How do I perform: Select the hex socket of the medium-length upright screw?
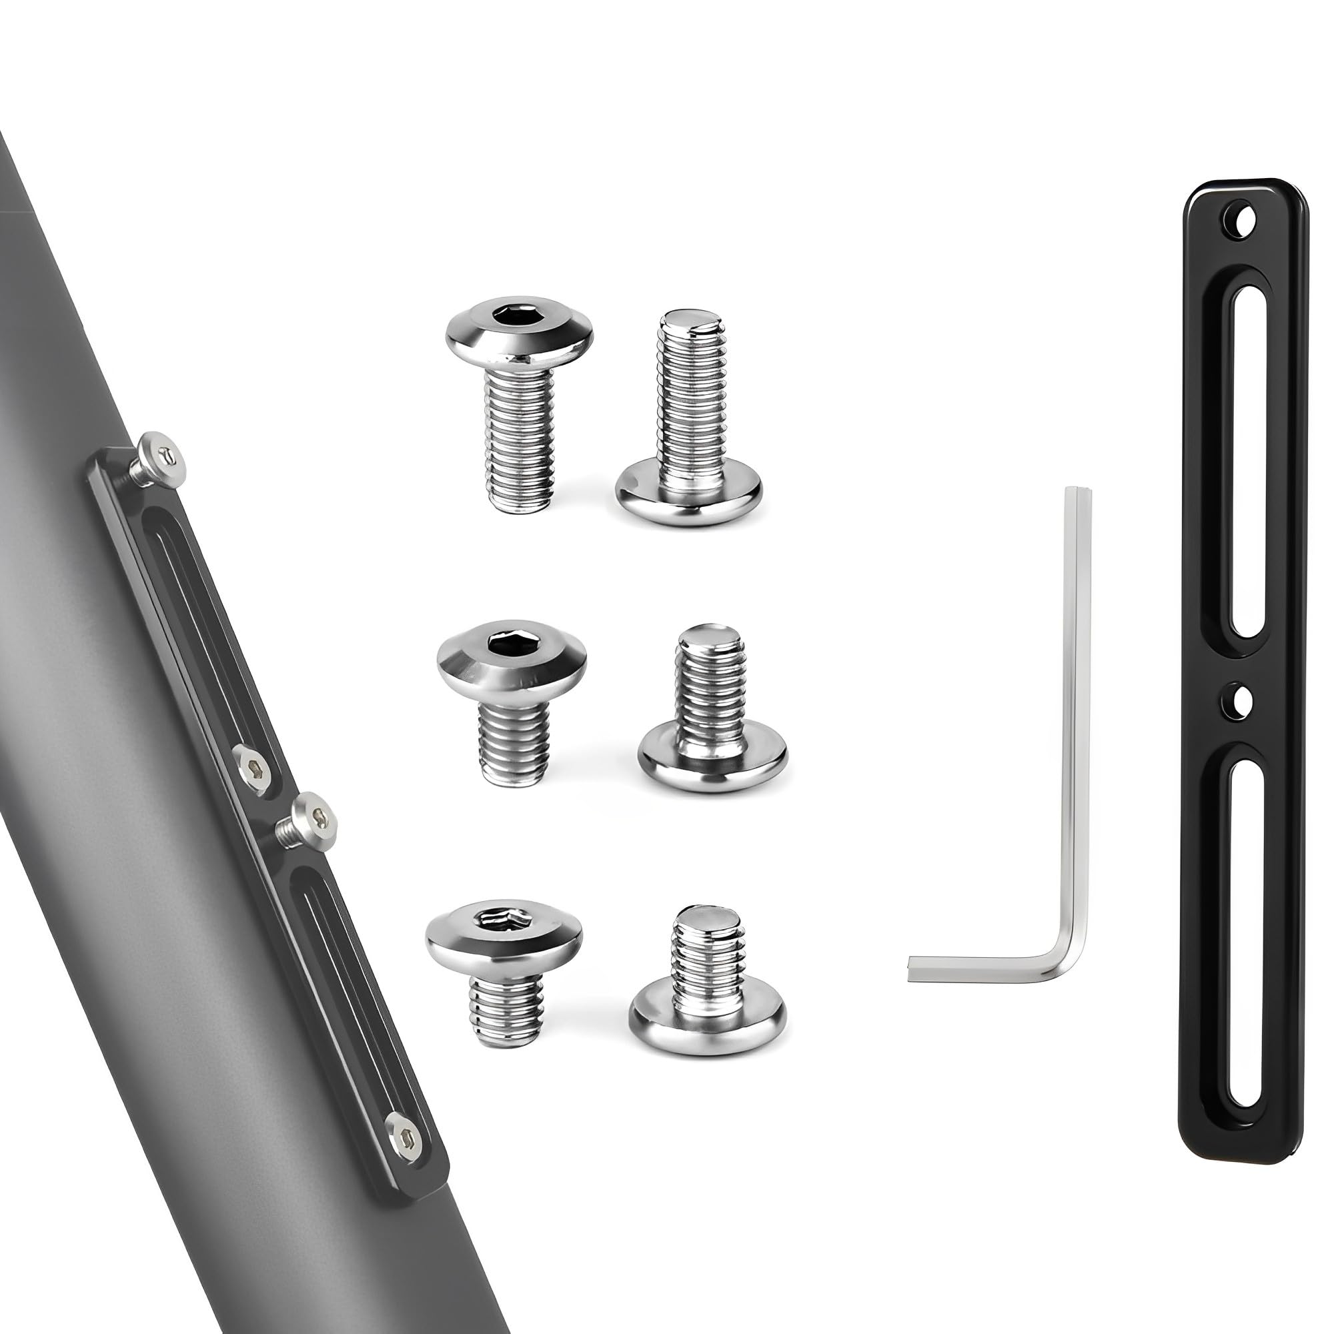511,643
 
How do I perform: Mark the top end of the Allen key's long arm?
1079,492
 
